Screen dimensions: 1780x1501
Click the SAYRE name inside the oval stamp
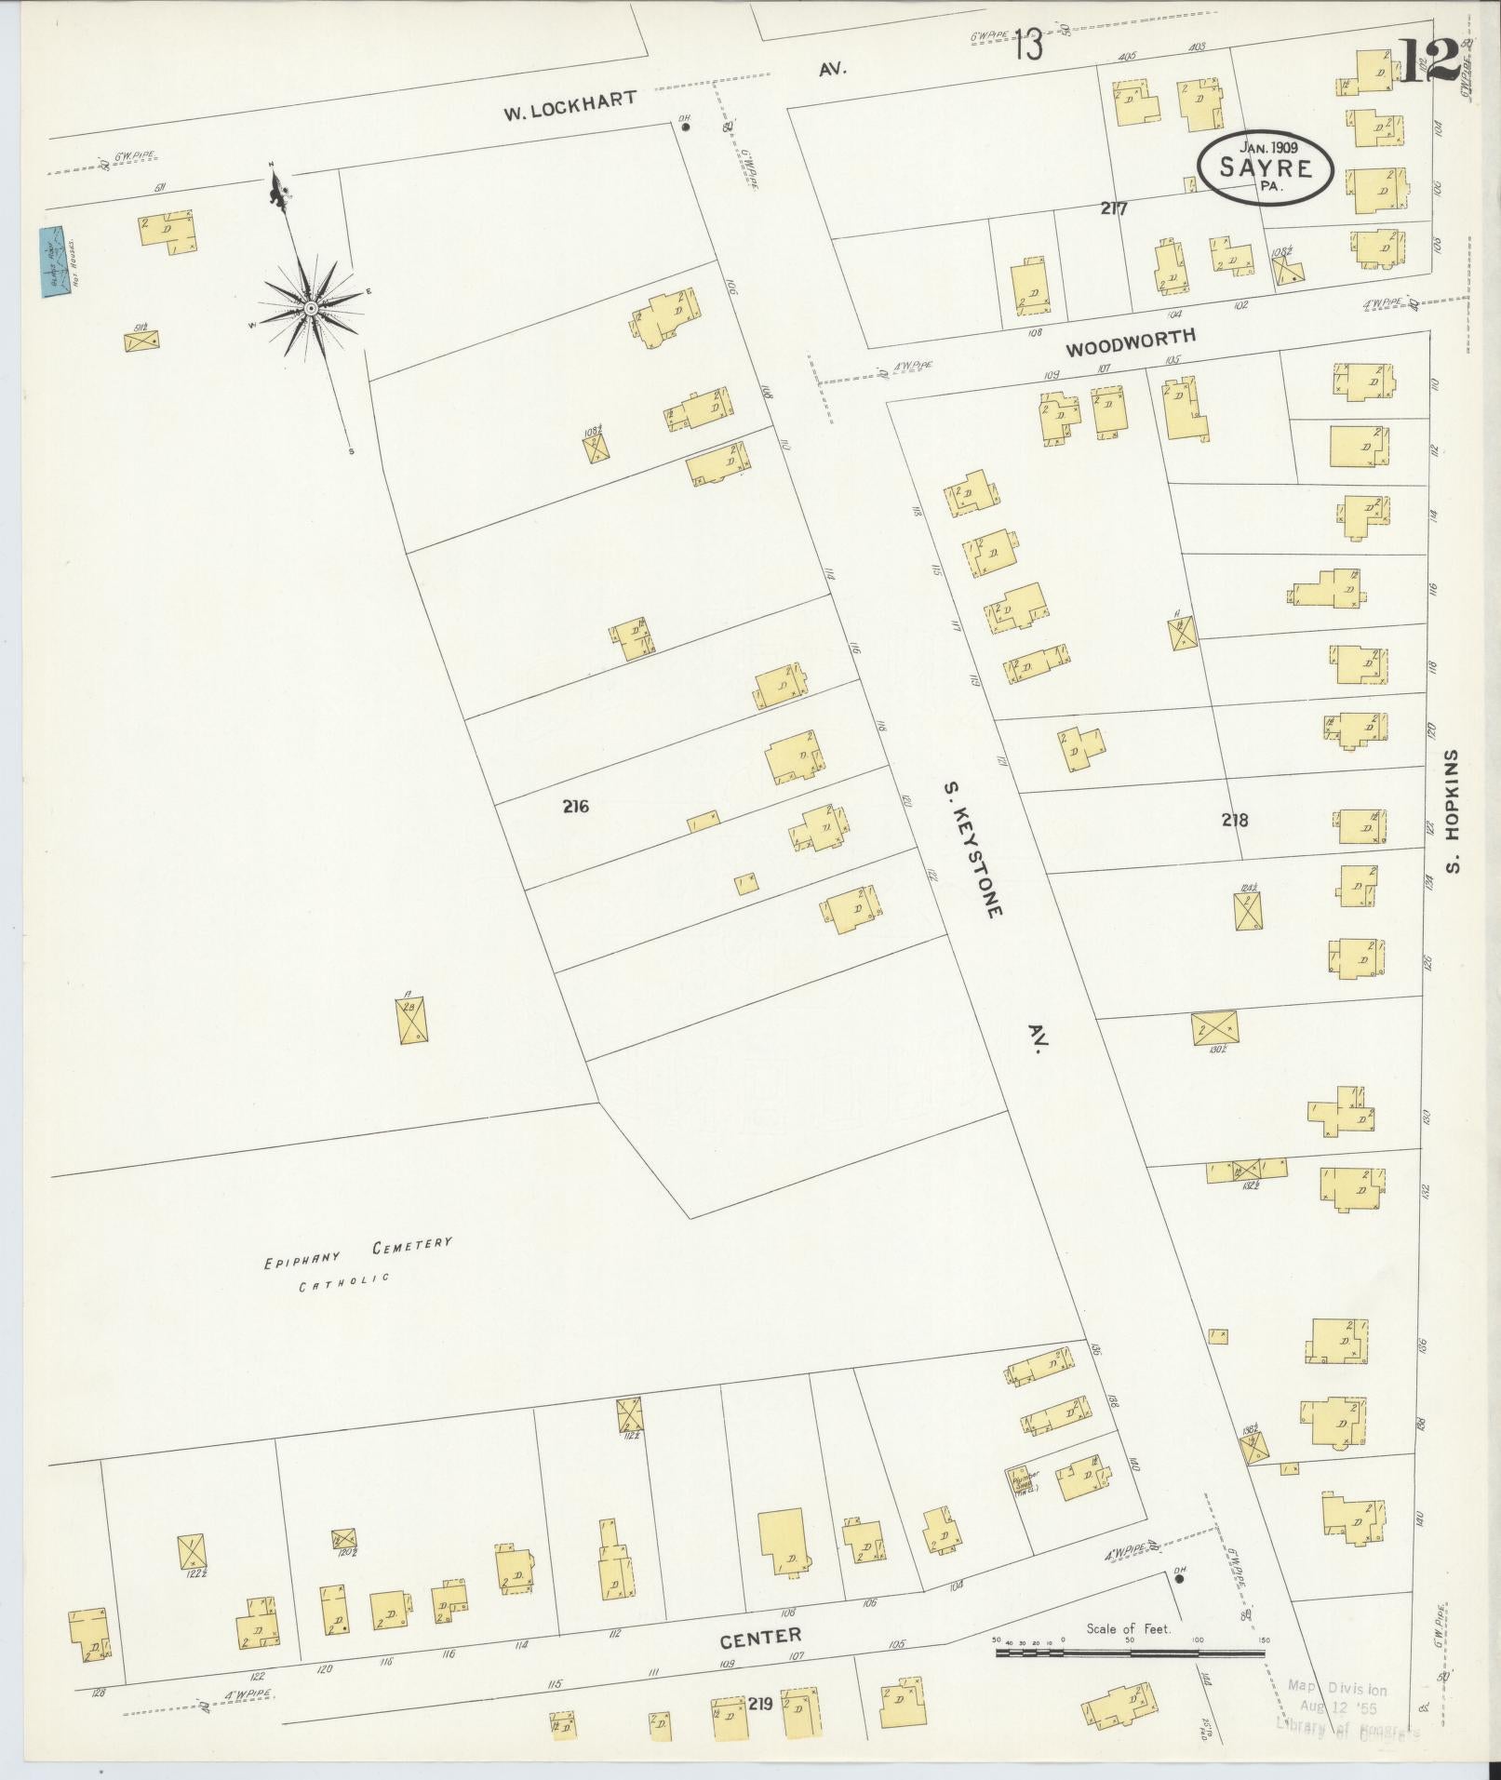coord(1266,168)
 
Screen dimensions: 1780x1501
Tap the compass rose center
coord(311,307)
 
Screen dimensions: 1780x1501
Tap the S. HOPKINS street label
coord(1454,811)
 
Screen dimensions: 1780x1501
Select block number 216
coord(575,807)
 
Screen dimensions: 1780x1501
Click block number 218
coord(1235,820)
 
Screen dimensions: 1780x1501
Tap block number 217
coord(1113,208)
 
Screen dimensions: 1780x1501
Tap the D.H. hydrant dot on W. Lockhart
coord(686,128)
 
